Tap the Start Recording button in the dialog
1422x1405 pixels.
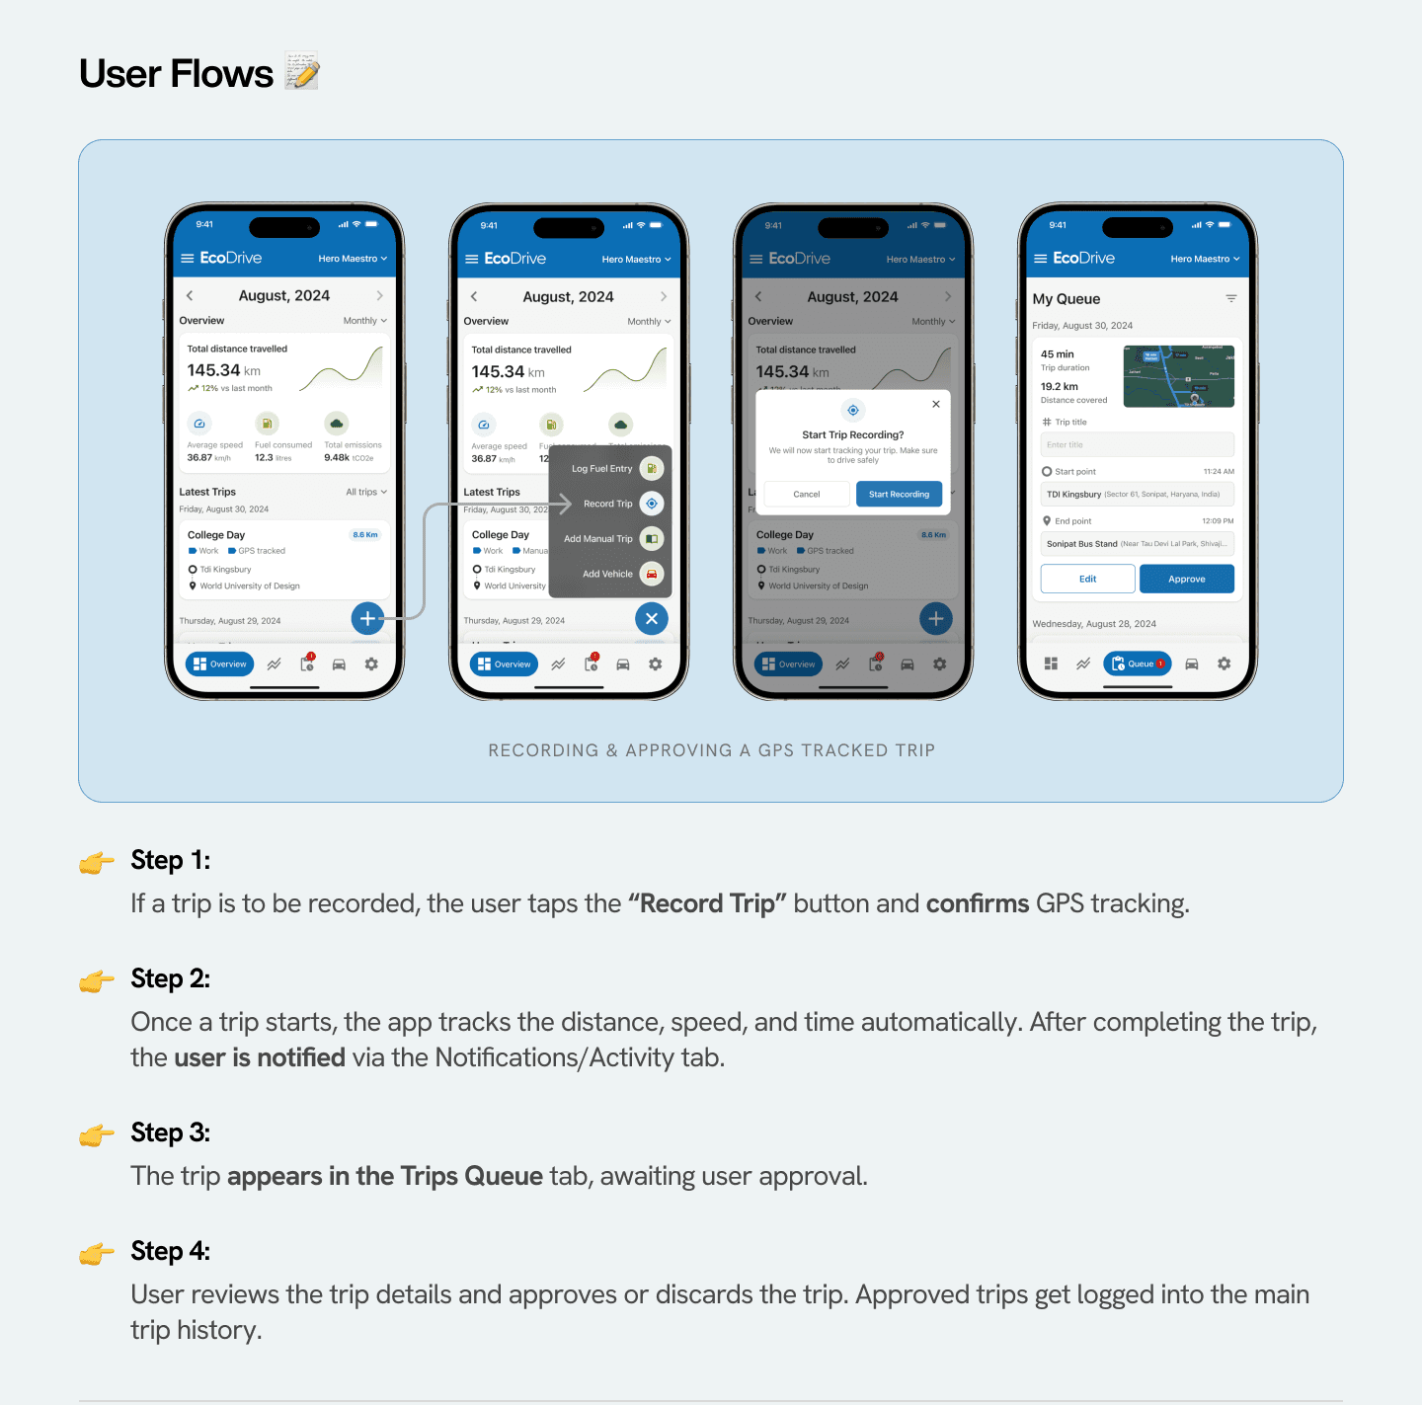(899, 494)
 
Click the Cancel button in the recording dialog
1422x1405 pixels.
(807, 494)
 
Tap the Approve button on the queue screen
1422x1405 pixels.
(1186, 579)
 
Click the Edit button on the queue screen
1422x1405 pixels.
(1087, 579)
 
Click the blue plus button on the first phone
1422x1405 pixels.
(367, 618)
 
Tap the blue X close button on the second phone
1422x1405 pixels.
(651, 618)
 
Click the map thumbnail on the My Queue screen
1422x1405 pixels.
(1179, 376)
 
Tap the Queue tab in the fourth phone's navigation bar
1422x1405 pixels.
(1137, 663)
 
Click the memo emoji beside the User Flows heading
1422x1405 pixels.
(302, 72)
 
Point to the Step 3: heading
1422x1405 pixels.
(171, 1132)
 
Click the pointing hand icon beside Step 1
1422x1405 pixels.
(97, 863)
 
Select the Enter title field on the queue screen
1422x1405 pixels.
(1137, 444)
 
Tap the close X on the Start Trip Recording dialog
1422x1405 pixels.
(936, 404)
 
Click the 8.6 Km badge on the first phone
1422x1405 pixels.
(365, 535)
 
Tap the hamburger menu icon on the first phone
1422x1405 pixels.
(188, 258)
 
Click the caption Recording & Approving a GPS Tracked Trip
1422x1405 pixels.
(711, 750)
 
